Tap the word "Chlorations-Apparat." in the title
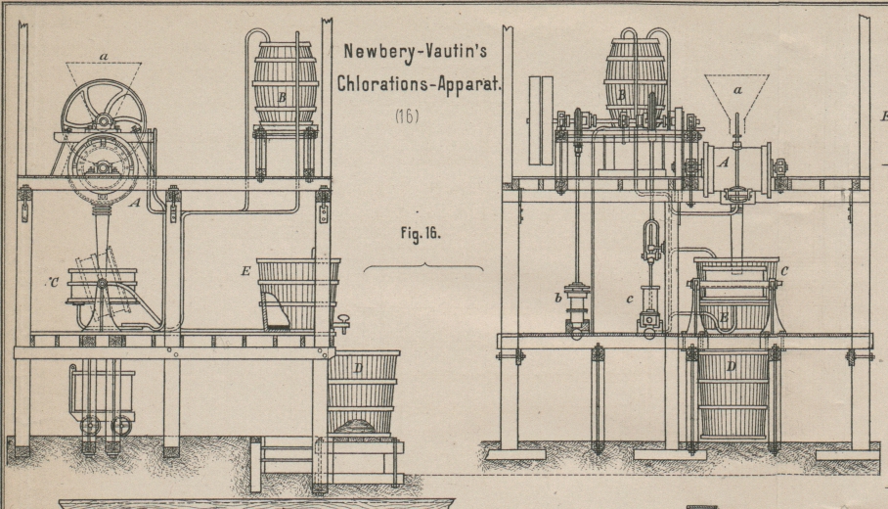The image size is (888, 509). point(419,83)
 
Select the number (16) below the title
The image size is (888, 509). point(407,116)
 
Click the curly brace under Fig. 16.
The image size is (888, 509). point(422,266)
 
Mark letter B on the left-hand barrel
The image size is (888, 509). point(282,97)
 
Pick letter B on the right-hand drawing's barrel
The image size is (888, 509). point(622,95)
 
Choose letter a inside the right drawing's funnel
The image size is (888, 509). point(737,89)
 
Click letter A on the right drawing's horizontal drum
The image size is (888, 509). point(724,163)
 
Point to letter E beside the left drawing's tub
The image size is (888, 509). point(246,270)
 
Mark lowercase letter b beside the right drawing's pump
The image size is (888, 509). point(558,298)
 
